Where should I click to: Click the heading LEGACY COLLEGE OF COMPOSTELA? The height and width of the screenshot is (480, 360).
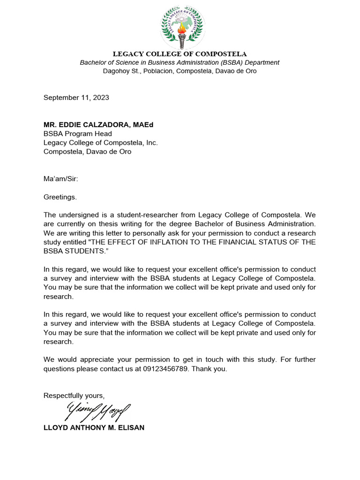tap(180, 54)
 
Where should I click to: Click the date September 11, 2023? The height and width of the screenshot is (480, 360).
tap(76, 97)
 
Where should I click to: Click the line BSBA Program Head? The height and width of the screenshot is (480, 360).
tap(78, 134)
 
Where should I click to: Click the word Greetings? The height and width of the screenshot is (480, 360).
tap(60, 197)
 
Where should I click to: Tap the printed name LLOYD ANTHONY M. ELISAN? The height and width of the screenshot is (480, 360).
tap(94, 428)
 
